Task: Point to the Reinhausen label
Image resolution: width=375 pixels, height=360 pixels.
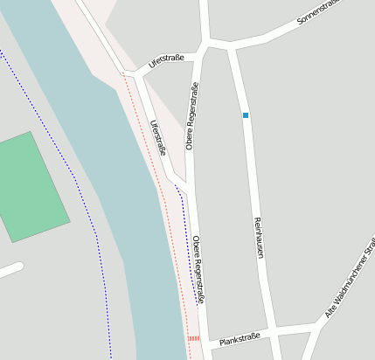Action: (258, 237)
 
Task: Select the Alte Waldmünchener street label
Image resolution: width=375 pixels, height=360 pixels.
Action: (349, 294)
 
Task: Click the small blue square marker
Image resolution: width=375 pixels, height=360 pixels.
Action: (246, 115)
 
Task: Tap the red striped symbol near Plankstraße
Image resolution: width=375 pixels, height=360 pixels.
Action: (194, 338)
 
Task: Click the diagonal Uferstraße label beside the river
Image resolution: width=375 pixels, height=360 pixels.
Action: (158, 138)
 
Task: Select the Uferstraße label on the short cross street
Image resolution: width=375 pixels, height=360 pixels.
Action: (166, 60)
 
